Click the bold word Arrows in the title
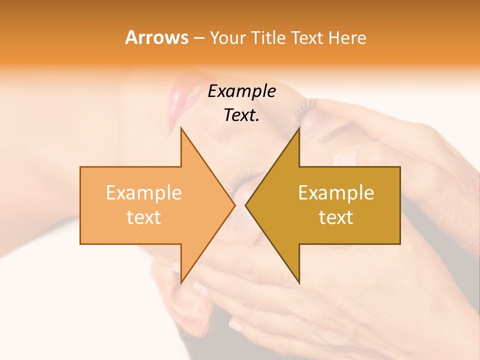156,37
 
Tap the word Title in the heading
269,38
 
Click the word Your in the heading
228,38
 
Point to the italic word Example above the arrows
241,91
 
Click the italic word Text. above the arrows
241,115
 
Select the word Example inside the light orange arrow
144,193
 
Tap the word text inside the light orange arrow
144,217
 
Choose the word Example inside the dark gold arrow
336,193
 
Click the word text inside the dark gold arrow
336,217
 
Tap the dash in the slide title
198,38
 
